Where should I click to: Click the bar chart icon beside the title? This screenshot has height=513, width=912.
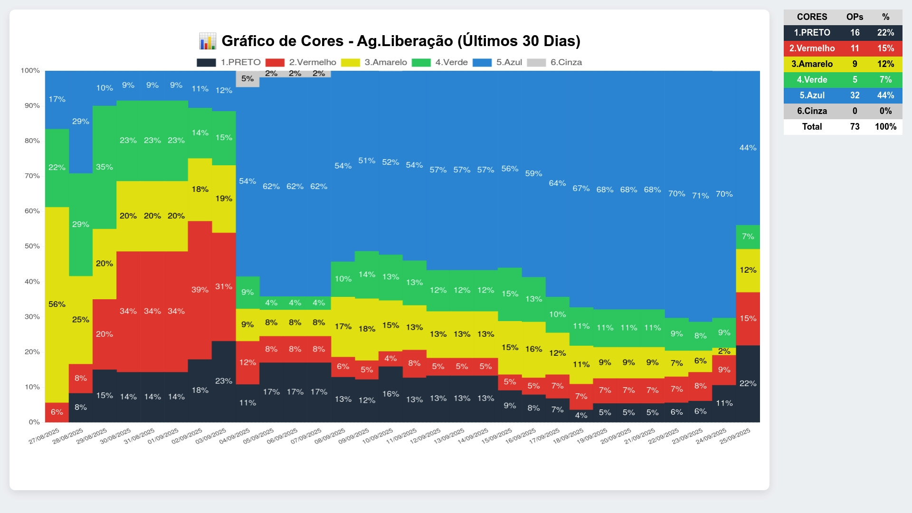click(208, 41)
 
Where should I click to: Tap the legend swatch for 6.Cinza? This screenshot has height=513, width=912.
click(536, 63)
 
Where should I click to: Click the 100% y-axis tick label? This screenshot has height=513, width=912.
click(30, 70)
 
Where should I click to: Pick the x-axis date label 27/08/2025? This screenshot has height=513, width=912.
click(44, 436)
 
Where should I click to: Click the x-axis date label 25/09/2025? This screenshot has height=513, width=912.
click(735, 436)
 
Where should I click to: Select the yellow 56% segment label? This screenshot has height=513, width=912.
click(57, 304)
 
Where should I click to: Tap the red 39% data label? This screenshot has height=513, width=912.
click(199, 289)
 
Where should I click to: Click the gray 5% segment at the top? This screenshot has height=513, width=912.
click(247, 78)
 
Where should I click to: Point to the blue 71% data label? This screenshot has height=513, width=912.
click(700, 195)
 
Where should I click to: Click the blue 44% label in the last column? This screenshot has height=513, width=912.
click(748, 148)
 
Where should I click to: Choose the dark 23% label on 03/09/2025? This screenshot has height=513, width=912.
click(224, 381)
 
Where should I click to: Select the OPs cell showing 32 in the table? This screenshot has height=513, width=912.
click(855, 95)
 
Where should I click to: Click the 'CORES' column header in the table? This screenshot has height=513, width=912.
click(812, 17)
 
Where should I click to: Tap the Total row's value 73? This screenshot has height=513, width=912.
click(855, 126)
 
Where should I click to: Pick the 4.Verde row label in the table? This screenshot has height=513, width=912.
click(812, 79)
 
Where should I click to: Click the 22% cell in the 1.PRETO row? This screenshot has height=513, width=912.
click(885, 32)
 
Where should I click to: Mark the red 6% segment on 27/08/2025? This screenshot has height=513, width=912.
click(57, 412)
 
